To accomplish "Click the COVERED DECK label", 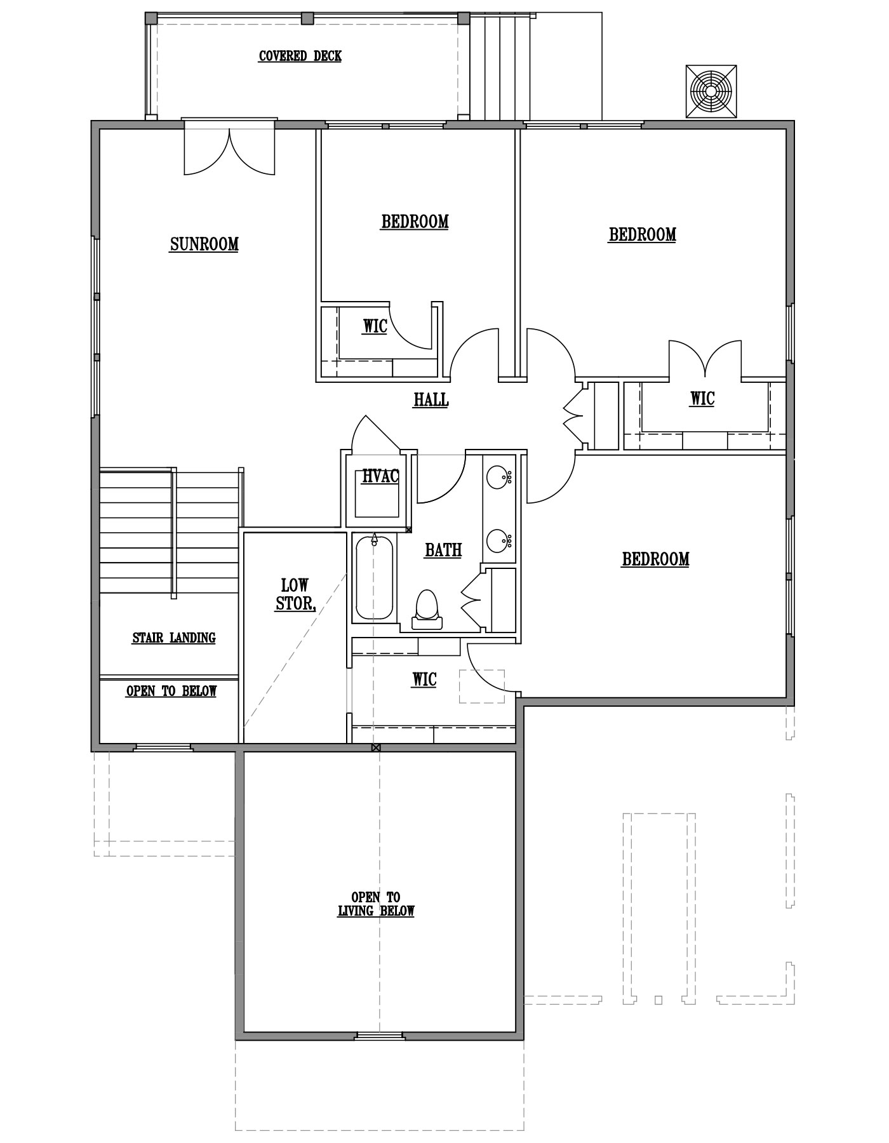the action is [300, 56].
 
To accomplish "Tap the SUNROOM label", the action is [204, 244].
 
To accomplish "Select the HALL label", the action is [431, 400].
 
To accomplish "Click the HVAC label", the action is [380, 476].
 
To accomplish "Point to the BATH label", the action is [443, 550].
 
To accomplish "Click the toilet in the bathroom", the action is [426, 610].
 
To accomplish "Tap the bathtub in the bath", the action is [375, 577].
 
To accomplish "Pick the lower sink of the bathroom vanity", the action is [499, 542].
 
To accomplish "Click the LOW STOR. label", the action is [295, 594].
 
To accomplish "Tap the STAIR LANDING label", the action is [174, 638].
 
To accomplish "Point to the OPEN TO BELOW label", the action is [171, 691].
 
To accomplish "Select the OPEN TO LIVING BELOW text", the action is [376, 904].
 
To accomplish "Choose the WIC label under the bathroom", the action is [424, 679].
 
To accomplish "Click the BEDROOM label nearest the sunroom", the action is [415, 222].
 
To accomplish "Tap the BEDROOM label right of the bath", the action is [655, 559].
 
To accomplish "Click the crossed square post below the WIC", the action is [376, 747].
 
